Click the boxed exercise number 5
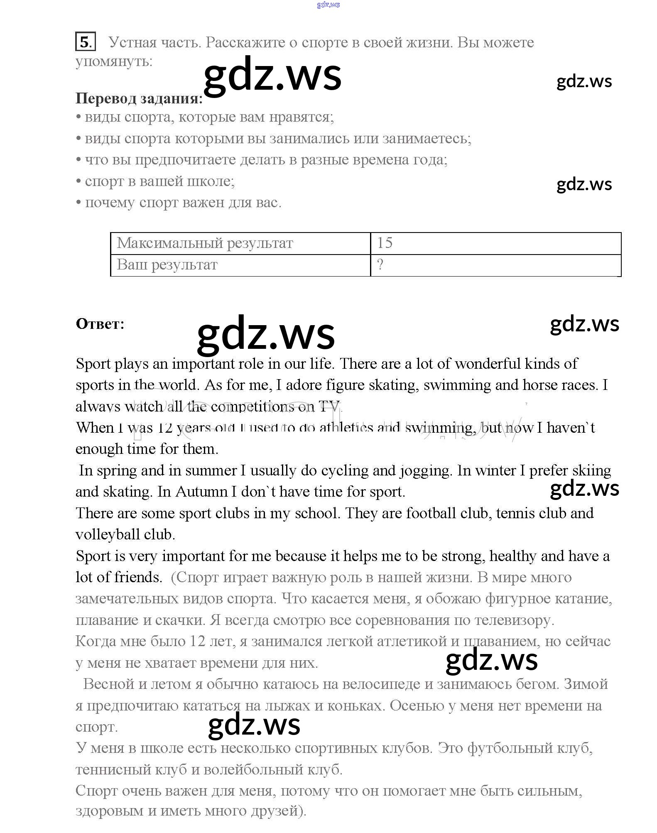(85, 42)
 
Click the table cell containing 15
(495, 243)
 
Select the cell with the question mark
(495, 265)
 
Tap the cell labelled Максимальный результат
(240, 243)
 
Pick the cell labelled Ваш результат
(240, 265)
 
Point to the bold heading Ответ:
(100, 324)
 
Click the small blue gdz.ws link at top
(328, 5)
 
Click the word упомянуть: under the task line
(114, 61)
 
